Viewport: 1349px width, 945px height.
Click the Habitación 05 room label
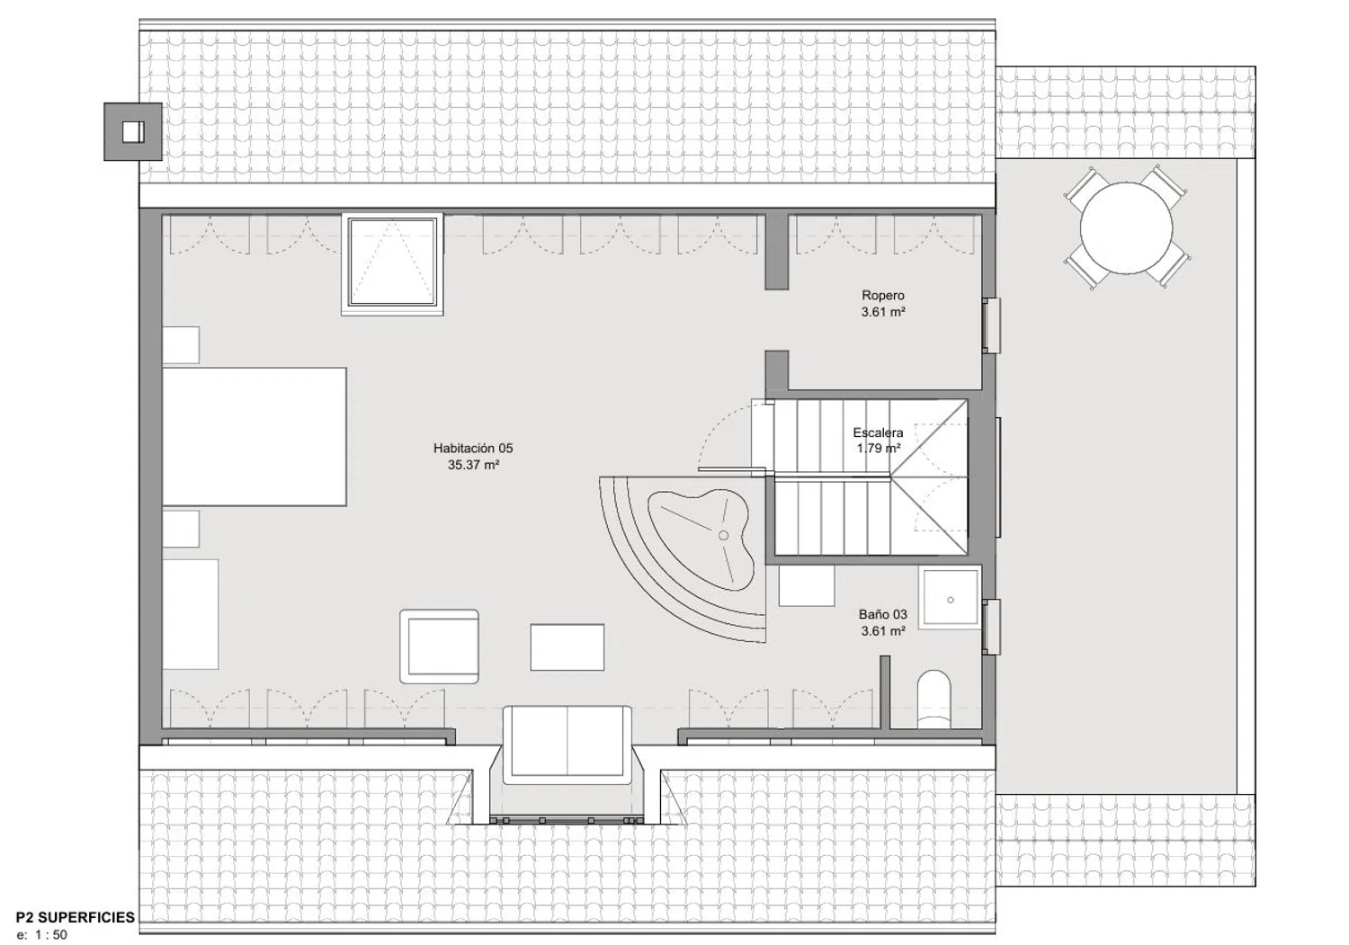pos(473,448)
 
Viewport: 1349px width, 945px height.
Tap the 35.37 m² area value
pos(473,465)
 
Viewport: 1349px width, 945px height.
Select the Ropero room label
pos(883,295)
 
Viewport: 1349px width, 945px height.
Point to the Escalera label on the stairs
pos(878,432)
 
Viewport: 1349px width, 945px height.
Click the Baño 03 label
pos(883,614)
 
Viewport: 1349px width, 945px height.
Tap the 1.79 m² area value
pos(879,449)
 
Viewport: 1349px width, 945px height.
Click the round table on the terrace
pos(1126,228)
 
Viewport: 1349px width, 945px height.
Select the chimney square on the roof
pos(133,132)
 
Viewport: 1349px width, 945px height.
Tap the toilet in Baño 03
pos(934,699)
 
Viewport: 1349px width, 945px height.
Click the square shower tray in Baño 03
pos(951,600)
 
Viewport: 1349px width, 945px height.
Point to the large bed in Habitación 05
pos(255,437)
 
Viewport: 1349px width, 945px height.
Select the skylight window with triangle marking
pos(392,263)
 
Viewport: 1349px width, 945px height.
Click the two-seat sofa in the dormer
pos(567,745)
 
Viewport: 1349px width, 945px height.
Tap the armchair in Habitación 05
pos(439,646)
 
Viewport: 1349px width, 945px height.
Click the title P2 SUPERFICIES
pos(76,917)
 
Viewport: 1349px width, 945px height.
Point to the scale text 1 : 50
pos(51,935)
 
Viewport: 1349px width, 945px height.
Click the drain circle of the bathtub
pos(723,535)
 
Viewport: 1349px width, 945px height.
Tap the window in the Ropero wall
pos(991,325)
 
